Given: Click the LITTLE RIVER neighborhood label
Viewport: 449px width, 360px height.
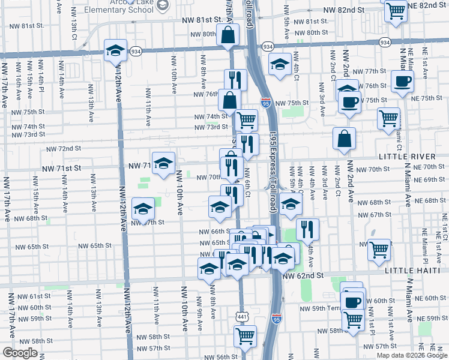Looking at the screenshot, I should (411, 156).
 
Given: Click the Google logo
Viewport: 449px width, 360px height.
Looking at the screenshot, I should (20, 353).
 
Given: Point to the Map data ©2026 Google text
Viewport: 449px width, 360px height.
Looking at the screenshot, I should (412, 355).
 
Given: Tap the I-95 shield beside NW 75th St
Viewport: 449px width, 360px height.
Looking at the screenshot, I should (265, 103).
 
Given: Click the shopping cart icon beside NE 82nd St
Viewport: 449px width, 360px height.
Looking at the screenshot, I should (396, 10).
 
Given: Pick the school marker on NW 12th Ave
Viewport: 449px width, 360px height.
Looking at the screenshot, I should (115, 51).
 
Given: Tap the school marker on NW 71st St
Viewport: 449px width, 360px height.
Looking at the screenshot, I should (163, 163).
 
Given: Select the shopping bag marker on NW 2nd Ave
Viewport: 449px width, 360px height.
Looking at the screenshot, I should (345, 139).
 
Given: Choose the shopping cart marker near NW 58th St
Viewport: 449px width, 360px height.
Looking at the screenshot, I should (245, 337).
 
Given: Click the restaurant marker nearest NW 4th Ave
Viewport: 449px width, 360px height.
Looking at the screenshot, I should (307, 228).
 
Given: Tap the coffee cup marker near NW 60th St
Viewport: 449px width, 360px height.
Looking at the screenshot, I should (352, 301).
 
